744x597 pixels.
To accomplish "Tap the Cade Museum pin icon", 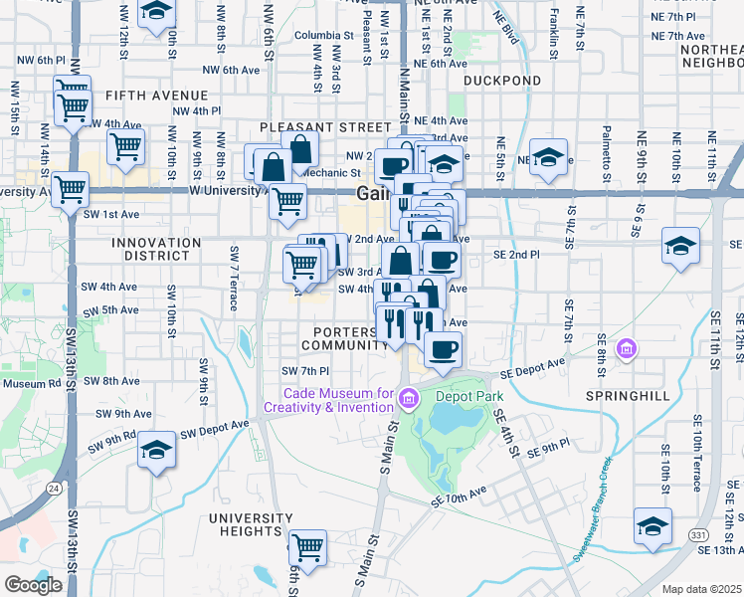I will (407, 399).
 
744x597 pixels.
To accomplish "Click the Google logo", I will (33, 585).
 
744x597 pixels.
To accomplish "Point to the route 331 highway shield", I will (699, 535).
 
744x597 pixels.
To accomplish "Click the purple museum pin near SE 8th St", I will (627, 349).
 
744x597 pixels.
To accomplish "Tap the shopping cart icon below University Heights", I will (307, 546).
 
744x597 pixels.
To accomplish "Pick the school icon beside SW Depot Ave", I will (155, 452).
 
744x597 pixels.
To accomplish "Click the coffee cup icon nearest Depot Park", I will (444, 348).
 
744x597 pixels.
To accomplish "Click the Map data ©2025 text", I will (701, 589).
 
